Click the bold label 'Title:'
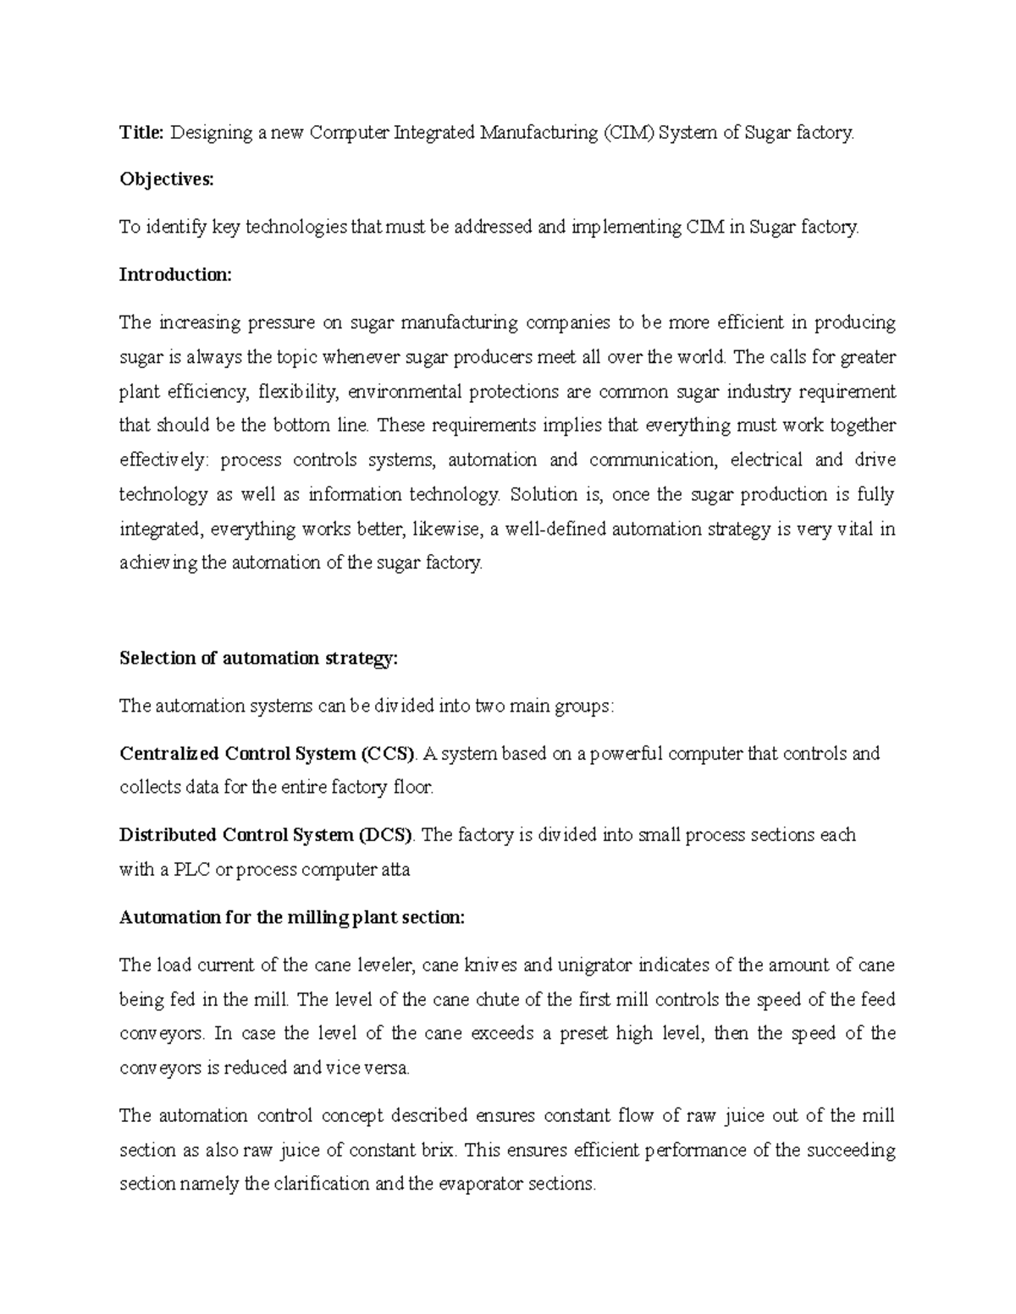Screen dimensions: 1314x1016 [142, 132]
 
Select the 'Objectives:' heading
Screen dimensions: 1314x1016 [167, 179]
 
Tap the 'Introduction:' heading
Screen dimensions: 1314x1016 [174, 275]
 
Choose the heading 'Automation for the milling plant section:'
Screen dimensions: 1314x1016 [292, 918]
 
